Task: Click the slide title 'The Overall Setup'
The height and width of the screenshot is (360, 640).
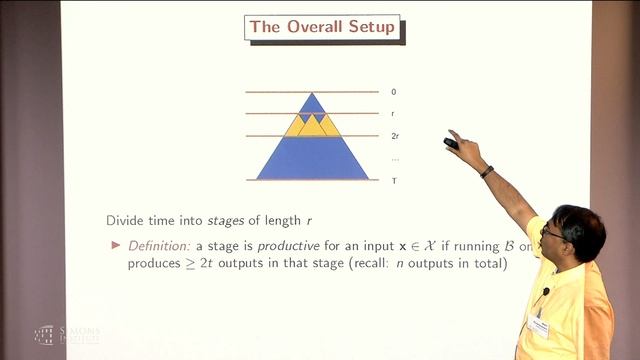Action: coord(310,28)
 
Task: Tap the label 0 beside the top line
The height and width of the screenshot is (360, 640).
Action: coord(393,92)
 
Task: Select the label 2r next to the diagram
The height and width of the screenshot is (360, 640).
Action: coord(395,136)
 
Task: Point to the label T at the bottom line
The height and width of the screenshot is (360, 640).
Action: coord(393,181)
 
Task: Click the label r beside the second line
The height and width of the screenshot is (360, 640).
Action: coord(393,114)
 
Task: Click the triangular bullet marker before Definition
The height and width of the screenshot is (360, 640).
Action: coord(114,245)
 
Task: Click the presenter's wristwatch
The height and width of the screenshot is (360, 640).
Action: coord(486,171)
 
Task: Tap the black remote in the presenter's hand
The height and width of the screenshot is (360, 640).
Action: coord(451,142)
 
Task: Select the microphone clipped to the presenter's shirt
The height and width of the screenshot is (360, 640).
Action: coord(546,293)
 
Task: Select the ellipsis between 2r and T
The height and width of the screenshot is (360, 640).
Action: coord(395,159)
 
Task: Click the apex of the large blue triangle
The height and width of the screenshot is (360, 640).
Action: coord(312,93)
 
